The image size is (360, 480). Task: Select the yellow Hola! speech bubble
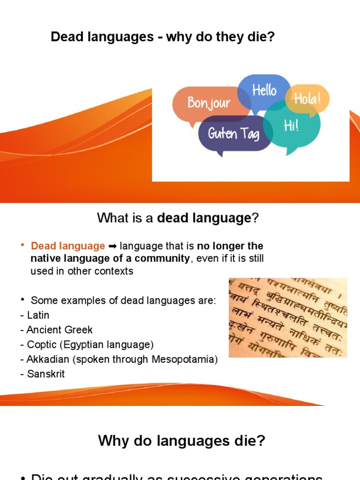point(307,99)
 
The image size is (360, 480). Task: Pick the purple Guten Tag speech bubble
point(233,134)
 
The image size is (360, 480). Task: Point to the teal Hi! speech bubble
point(291,126)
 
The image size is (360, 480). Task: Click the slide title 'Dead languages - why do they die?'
point(162,37)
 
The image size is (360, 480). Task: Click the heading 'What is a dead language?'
point(178,218)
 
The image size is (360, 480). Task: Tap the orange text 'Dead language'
point(68,246)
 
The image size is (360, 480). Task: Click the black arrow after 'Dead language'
point(112,246)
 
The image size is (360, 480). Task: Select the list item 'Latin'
point(37,315)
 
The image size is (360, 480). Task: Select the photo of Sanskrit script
point(288,317)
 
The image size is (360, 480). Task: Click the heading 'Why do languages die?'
point(181,441)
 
